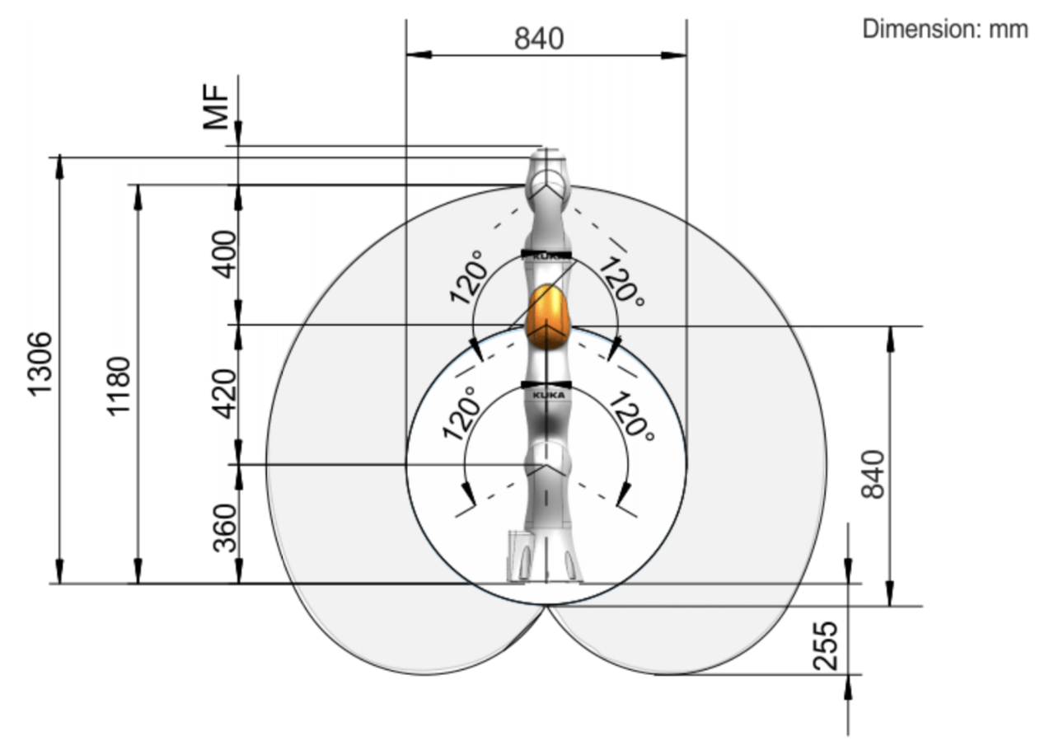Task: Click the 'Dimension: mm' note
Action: click(945, 29)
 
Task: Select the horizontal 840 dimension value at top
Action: click(539, 39)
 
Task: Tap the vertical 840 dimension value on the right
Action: click(873, 474)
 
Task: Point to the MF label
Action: click(217, 107)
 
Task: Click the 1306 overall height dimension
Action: click(40, 364)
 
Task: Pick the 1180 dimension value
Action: click(119, 387)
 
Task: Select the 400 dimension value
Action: click(224, 255)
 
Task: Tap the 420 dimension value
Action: click(224, 394)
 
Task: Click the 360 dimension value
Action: click(225, 528)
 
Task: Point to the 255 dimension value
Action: click(826, 646)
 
